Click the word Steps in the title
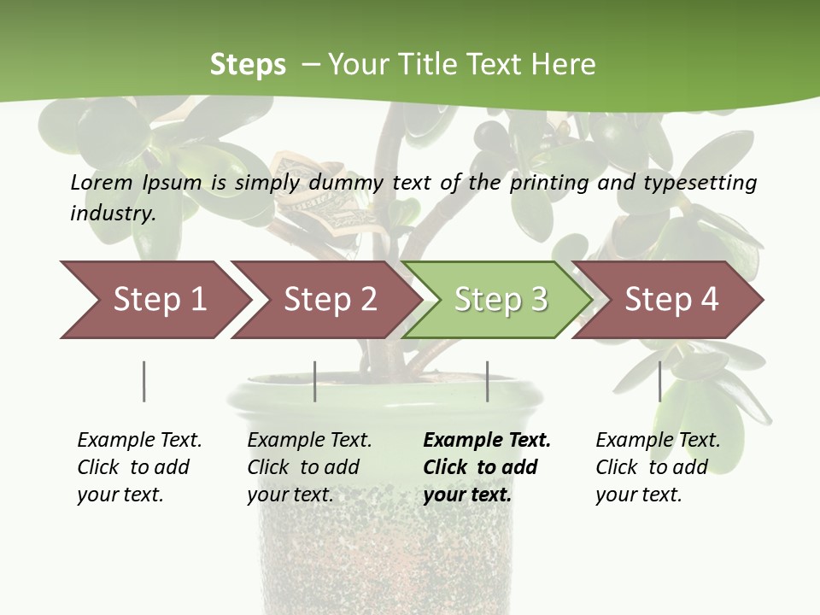[x=248, y=65]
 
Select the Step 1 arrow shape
[x=154, y=299]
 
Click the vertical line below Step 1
[x=143, y=381]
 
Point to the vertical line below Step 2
[x=315, y=381]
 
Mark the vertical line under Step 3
[x=487, y=381]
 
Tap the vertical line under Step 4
[x=659, y=381]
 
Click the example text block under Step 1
[x=138, y=467]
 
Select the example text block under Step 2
[x=308, y=467]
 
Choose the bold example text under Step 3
[x=486, y=467]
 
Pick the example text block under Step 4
[x=657, y=467]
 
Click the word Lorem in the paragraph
[x=102, y=182]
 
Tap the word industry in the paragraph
[x=112, y=214]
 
